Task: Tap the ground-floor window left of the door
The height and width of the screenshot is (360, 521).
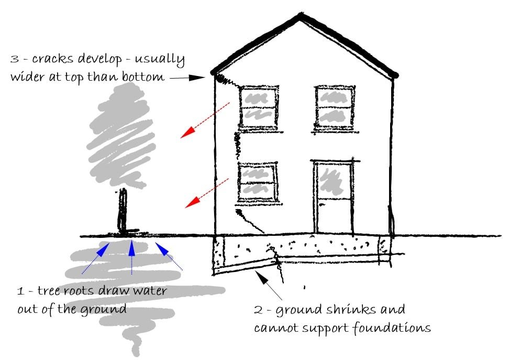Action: [x=258, y=180]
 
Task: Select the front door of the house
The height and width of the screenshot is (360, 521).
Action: [x=332, y=196]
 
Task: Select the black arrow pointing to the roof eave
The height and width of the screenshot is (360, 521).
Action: [x=187, y=78]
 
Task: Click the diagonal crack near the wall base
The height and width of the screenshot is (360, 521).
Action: [x=250, y=221]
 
